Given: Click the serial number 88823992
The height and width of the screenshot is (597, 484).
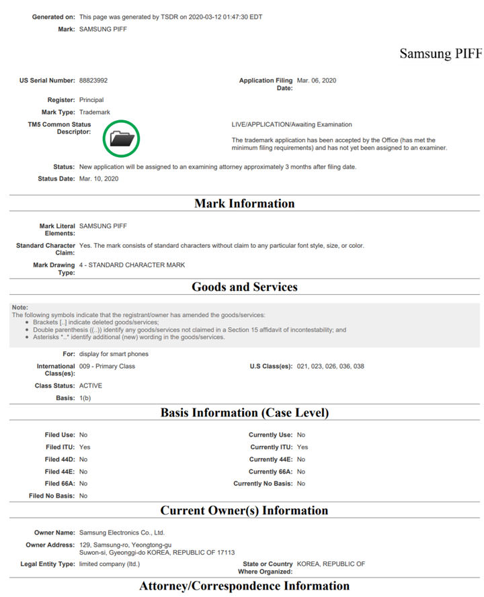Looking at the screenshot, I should coord(93,81).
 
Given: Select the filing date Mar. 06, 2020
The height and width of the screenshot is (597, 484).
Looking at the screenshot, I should coord(316,81).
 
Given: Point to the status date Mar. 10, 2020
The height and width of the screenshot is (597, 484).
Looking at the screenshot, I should coord(98,179).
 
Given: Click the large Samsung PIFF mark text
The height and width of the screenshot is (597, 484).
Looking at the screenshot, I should coord(440,54).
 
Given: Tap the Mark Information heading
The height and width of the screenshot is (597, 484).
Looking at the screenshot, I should coord(244,203).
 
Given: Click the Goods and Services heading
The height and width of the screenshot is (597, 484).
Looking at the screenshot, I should coord(244,287).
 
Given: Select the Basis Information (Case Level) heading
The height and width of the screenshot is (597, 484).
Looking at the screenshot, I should coord(244,412).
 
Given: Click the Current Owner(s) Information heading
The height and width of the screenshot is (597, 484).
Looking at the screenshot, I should coord(244,510).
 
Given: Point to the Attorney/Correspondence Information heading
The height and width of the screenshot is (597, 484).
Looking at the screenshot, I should coord(244,586).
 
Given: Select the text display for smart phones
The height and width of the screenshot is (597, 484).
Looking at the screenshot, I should coord(114,354).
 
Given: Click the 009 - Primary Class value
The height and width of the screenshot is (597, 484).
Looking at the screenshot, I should coord(108,367).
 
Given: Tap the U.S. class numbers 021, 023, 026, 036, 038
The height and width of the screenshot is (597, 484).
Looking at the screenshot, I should coord(330,367).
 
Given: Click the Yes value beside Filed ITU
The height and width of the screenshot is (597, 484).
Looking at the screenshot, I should coord(85,447).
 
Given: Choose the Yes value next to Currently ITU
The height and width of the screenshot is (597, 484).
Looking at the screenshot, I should coord(302,447).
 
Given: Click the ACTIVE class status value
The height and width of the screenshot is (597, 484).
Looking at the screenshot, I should coord(91,386).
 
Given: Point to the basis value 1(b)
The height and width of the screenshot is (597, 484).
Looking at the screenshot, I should coord(85,398).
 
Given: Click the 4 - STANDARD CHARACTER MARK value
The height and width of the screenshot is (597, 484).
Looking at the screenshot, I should coord(132,265).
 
